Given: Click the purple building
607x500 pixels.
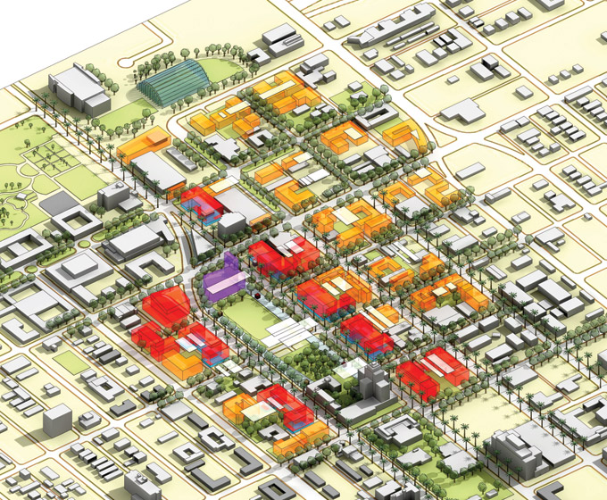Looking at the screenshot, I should point(223,280).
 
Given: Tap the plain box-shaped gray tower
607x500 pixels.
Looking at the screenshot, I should point(57,420).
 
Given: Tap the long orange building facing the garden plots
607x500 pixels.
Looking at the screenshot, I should point(143,143).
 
